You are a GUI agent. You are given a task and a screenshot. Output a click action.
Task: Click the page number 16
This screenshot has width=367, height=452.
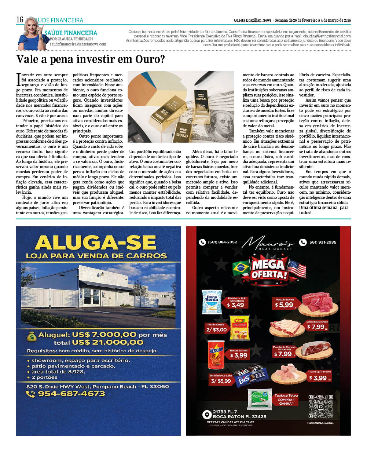tap(20, 19)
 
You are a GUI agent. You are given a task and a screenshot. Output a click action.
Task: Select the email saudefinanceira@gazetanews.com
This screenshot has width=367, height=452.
tap(78, 44)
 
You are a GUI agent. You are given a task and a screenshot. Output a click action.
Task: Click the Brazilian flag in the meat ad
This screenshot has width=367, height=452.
tap(241, 268)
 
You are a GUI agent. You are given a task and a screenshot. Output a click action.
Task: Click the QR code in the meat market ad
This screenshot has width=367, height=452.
tap(320, 406)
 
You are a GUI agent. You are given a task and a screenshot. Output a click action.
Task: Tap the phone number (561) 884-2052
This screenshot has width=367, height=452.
tap(222, 242)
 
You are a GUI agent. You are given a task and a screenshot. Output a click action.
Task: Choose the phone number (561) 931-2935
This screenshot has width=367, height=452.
tap(322, 242)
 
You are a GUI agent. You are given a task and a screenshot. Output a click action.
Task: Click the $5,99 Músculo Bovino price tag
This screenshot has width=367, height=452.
tap(285, 305)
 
